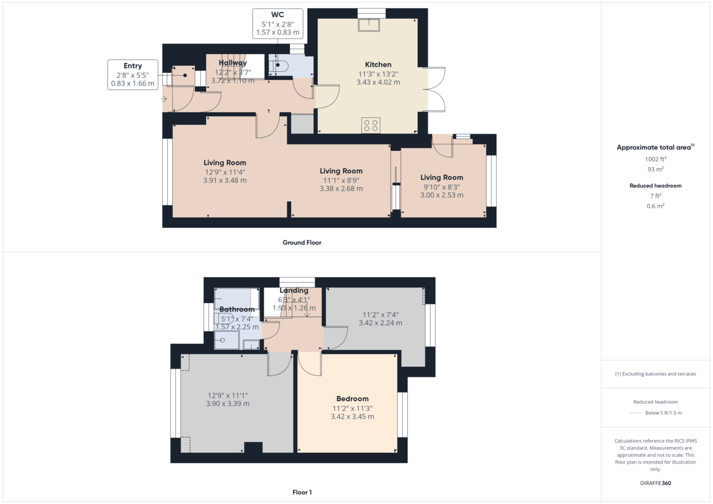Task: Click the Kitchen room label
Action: (x=378, y=65)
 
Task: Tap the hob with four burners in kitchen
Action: (x=371, y=125)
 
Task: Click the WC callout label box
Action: (x=277, y=24)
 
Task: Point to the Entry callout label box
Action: (x=132, y=75)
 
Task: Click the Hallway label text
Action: (x=232, y=63)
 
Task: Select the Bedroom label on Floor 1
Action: (x=352, y=399)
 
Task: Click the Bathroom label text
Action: (x=236, y=309)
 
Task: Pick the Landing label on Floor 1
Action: (x=294, y=290)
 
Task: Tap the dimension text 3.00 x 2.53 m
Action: (x=441, y=195)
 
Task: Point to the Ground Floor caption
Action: (x=302, y=242)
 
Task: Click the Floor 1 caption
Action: (x=302, y=492)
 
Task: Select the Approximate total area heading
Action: (x=655, y=147)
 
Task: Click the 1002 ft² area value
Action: (x=655, y=159)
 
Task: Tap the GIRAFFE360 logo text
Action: (x=655, y=483)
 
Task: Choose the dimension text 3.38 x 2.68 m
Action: (x=341, y=189)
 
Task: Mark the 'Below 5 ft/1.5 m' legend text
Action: (x=664, y=413)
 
